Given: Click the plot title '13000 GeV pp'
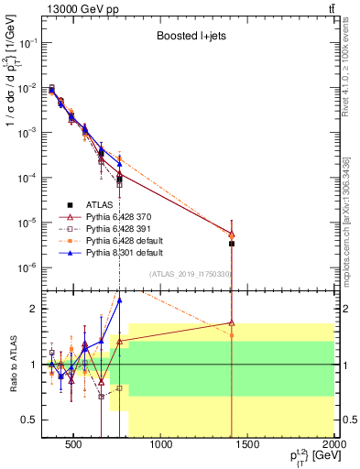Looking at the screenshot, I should pyautogui.click(x=78, y=8).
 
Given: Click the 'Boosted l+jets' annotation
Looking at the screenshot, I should pyautogui.click(x=190, y=38).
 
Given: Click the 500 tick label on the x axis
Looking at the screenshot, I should pyautogui.click(x=74, y=446).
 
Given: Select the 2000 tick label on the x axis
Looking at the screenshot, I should pyautogui.click(x=335, y=446).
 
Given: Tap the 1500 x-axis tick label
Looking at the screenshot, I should pyautogui.click(x=249, y=446).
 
